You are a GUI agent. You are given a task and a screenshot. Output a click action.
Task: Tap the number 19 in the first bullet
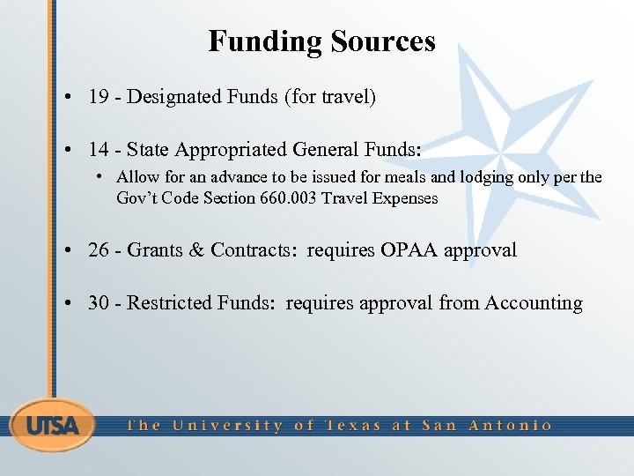pyautogui.click(x=99, y=97)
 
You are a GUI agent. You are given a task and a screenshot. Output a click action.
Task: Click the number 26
pyautogui.click(x=99, y=250)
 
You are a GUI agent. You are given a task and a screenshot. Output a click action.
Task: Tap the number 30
pyautogui.click(x=99, y=303)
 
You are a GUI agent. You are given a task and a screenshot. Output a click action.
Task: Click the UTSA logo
pyautogui.click(x=53, y=426)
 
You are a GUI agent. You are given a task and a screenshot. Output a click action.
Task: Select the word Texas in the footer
pyautogui.click(x=353, y=426)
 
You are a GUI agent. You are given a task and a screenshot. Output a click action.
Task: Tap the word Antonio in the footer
pyautogui.click(x=510, y=426)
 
